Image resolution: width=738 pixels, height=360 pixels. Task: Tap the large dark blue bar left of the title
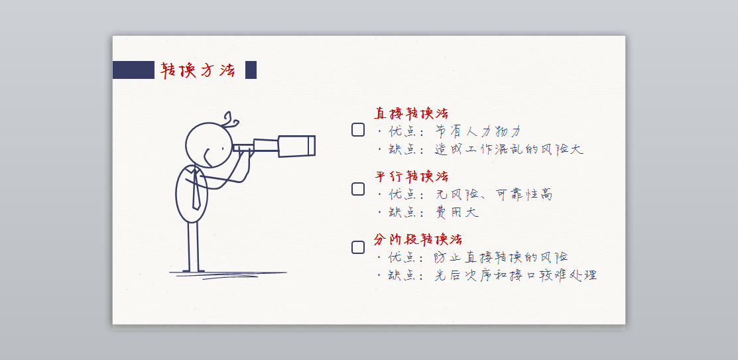133,70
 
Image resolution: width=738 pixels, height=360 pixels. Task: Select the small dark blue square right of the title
251,70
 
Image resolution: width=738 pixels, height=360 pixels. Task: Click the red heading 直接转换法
411,113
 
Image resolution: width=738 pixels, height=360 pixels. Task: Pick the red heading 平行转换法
411,176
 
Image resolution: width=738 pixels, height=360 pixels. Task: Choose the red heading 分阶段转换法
418,239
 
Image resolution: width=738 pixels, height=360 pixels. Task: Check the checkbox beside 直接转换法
357,130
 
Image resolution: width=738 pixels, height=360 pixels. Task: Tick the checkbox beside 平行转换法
357,189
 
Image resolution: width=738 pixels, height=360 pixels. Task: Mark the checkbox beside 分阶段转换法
357,247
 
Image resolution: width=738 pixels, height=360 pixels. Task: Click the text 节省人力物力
478,131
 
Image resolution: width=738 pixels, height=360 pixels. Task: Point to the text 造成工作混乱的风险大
509,150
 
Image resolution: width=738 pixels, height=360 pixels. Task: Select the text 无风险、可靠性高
494,194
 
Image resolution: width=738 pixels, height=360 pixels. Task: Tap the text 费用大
457,212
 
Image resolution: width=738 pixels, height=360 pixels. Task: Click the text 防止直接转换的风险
501,257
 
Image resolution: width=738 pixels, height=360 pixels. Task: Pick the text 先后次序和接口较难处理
516,275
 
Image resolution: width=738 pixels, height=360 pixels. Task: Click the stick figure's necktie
196,189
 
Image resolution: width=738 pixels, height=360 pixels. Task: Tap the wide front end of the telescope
296,146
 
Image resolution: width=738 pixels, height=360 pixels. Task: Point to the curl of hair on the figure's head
231,119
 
